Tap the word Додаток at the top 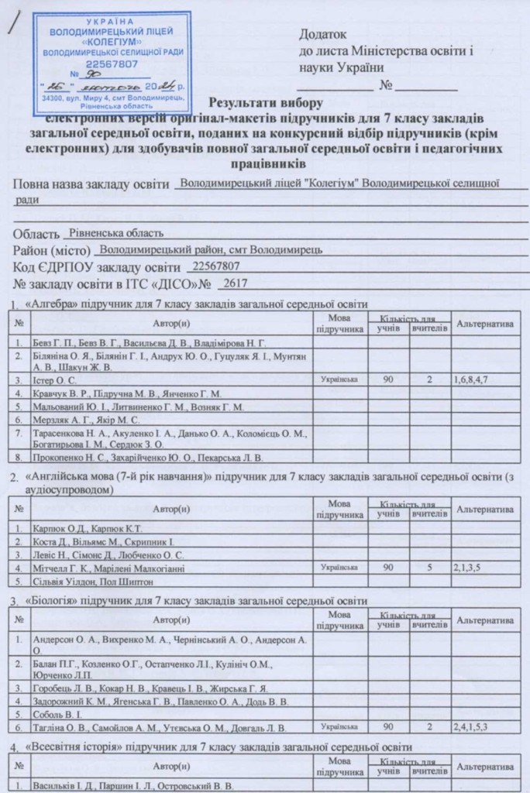point(323,34)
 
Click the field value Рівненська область point(115,233)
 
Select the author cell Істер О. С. point(54,380)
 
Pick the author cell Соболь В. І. point(58,714)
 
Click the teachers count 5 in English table point(430,568)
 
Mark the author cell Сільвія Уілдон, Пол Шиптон point(93,581)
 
